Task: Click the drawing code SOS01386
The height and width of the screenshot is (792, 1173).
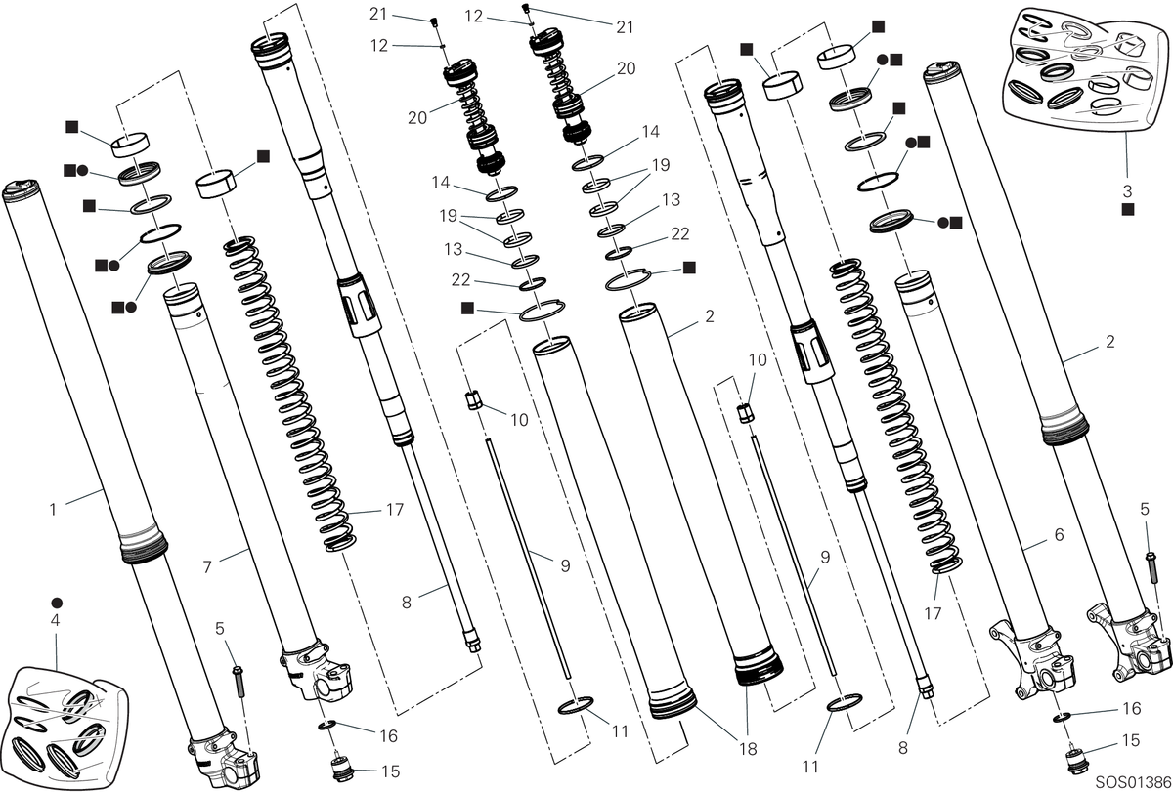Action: click(x=1133, y=782)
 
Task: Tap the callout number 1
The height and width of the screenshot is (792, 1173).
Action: click(x=53, y=509)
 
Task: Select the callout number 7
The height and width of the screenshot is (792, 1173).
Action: click(x=207, y=567)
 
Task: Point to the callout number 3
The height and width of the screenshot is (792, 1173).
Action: click(x=1127, y=191)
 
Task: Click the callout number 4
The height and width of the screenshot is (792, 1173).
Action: click(x=55, y=621)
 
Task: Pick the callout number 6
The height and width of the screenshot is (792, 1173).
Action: click(x=1059, y=534)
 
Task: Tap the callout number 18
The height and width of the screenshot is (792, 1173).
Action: click(x=749, y=749)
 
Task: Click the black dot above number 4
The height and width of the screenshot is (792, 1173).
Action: click(x=57, y=604)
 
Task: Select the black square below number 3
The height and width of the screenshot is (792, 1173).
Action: click(x=1127, y=210)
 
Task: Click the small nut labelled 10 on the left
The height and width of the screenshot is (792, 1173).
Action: click(x=473, y=400)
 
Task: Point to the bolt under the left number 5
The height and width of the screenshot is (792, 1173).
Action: click(x=239, y=681)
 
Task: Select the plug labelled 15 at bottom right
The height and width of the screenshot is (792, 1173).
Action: click(x=1076, y=759)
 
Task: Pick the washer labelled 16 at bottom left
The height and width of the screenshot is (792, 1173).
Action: click(x=326, y=725)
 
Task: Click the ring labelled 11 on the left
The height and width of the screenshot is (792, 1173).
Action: click(x=576, y=705)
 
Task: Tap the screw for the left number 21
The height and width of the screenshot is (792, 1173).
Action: click(x=433, y=21)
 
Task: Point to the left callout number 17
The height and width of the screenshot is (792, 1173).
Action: click(x=395, y=510)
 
